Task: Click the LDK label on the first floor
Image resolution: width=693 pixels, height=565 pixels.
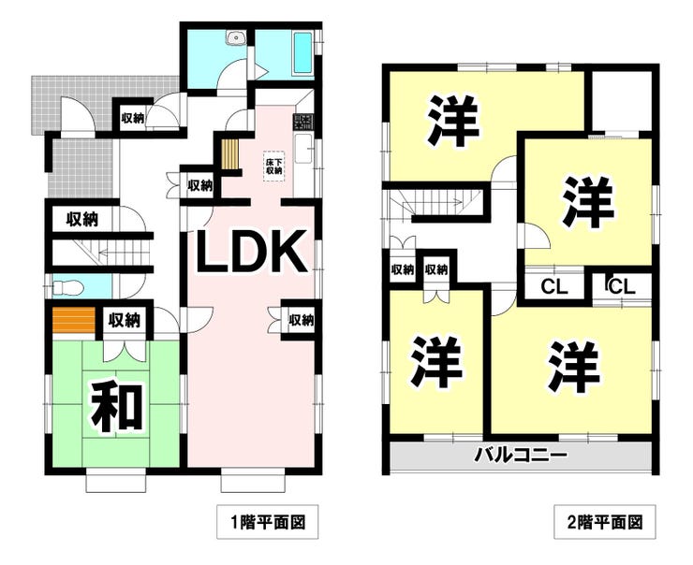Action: [251, 251]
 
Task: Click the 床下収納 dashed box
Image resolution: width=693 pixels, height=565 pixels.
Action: [273, 166]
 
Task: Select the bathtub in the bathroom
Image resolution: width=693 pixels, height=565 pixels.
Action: [302, 53]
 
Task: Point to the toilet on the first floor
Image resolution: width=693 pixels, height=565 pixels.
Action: [67, 288]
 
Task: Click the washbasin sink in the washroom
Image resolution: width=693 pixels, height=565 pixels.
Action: [236, 37]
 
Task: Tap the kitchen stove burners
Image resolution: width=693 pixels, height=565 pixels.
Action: [303, 122]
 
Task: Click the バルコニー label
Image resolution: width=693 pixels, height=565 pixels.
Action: [520, 455]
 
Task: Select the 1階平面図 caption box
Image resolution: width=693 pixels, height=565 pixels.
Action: [268, 522]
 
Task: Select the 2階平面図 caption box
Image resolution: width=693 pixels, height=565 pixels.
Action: [605, 522]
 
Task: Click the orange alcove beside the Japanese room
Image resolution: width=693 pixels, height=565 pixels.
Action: [73, 320]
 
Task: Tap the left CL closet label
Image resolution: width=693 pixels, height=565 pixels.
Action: [554, 287]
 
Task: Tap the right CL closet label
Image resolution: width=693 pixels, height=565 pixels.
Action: [622, 287]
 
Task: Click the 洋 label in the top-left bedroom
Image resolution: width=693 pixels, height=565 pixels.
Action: [453, 120]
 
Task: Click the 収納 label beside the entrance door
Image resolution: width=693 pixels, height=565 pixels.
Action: [133, 118]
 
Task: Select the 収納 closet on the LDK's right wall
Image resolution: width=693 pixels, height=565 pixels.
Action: [301, 320]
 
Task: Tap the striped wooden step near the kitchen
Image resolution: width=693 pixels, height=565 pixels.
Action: [229, 153]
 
